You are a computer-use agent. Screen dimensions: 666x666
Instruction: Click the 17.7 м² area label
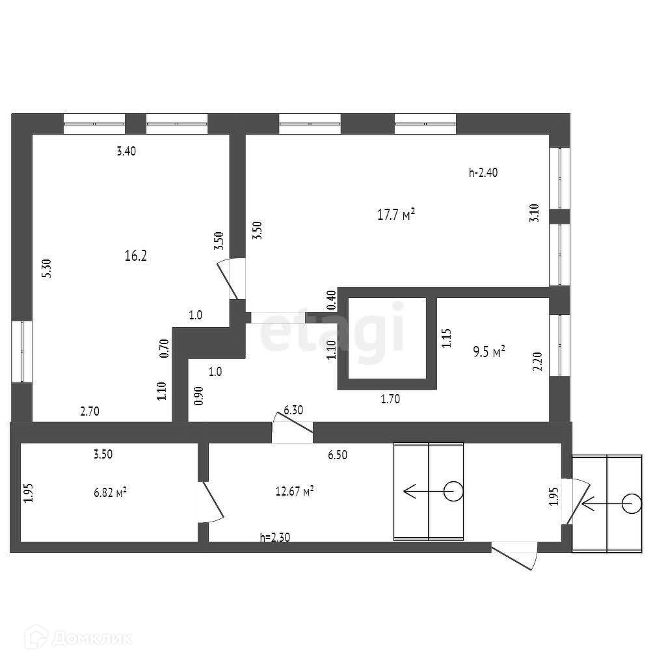[x=396, y=215]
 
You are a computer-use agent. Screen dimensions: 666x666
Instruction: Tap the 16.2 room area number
[x=135, y=256]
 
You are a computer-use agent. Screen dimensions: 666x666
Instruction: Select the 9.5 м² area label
[x=490, y=353]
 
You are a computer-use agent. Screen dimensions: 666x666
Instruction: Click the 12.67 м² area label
[x=295, y=491]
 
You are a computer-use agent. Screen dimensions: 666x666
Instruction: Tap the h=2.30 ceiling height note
[x=274, y=537]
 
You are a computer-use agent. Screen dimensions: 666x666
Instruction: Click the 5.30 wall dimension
[x=46, y=268]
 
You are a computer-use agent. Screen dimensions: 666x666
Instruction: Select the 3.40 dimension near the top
[x=126, y=152]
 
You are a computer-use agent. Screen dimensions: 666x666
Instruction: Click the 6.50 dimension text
[x=337, y=455]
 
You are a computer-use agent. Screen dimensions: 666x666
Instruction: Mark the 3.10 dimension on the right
[x=534, y=214]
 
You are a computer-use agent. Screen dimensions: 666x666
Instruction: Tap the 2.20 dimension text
[x=537, y=361]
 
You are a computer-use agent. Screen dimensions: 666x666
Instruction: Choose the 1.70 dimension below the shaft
[x=390, y=399]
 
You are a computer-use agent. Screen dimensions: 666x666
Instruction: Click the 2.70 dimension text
[x=90, y=411]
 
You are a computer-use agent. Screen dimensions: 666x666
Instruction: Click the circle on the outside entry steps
[x=630, y=503]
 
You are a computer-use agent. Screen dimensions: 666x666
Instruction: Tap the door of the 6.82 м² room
[x=209, y=501]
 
